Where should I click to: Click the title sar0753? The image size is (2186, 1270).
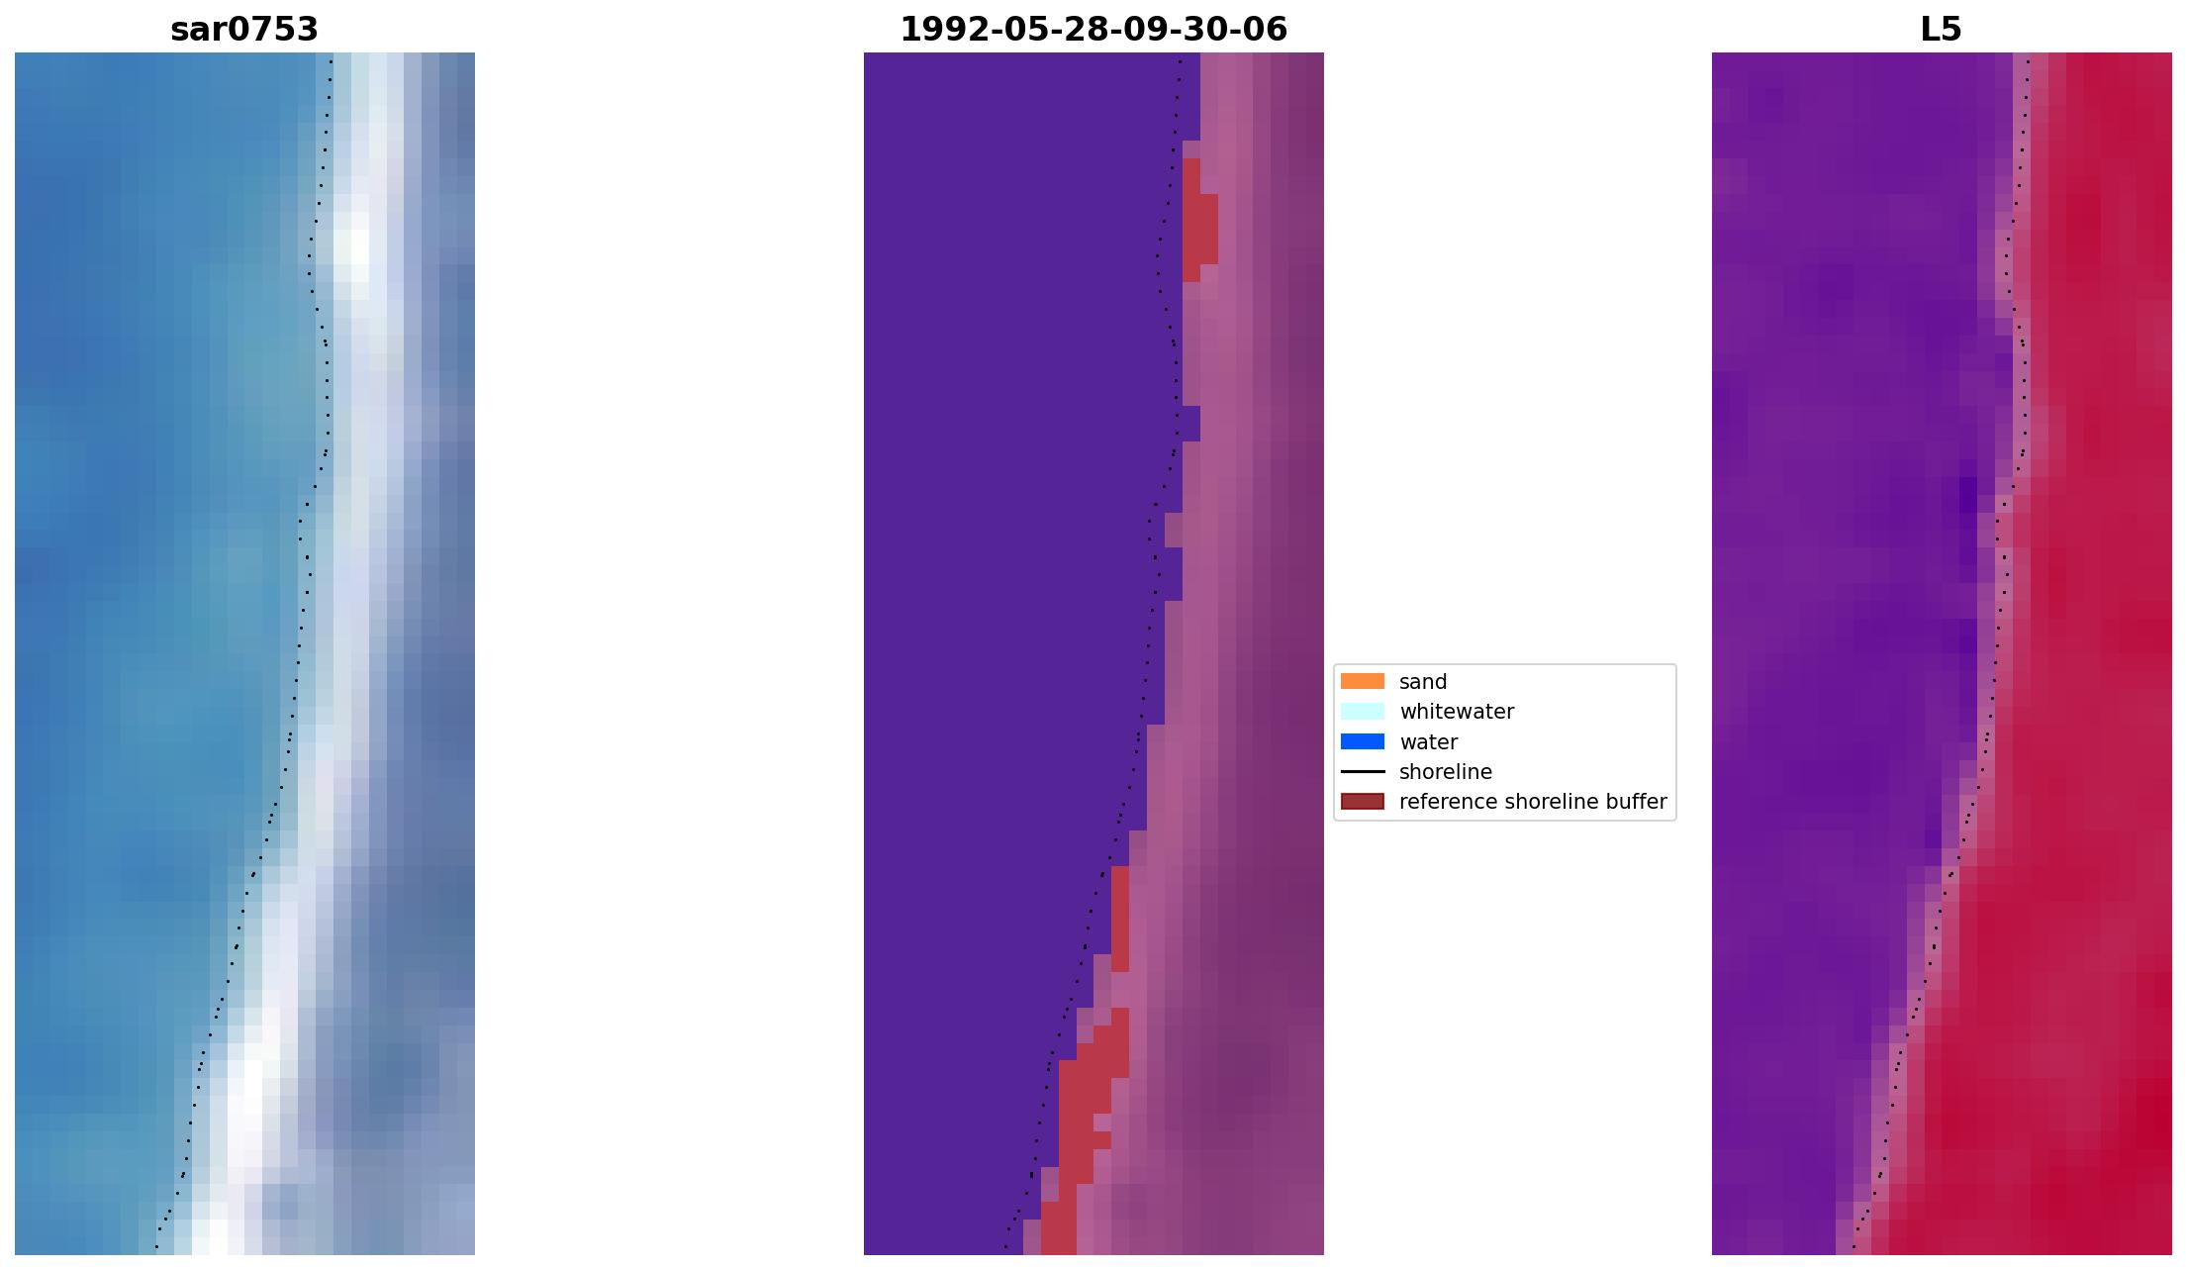(x=244, y=30)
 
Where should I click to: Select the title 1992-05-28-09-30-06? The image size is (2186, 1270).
(x=1093, y=30)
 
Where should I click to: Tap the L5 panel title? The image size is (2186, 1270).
(x=1940, y=30)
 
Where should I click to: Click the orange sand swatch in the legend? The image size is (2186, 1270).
(x=1362, y=681)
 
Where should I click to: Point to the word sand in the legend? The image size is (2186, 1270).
(x=1422, y=682)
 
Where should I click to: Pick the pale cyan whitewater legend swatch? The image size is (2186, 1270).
(x=1362, y=712)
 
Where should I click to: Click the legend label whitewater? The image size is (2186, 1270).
(x=1456, y=712)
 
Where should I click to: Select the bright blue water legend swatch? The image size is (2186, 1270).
(x=1362, y=741)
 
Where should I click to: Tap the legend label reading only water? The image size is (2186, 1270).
(x=1428, y=742)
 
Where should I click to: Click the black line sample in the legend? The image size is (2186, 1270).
(x=1362, y=772)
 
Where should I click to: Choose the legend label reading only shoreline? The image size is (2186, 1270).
(x=1445, y=772)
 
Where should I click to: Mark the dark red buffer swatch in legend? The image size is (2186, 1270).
(x=1362, y=802)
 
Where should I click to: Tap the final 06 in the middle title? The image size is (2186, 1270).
(x=1268, y=30)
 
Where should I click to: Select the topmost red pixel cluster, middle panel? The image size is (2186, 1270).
(x=1198, y=223)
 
